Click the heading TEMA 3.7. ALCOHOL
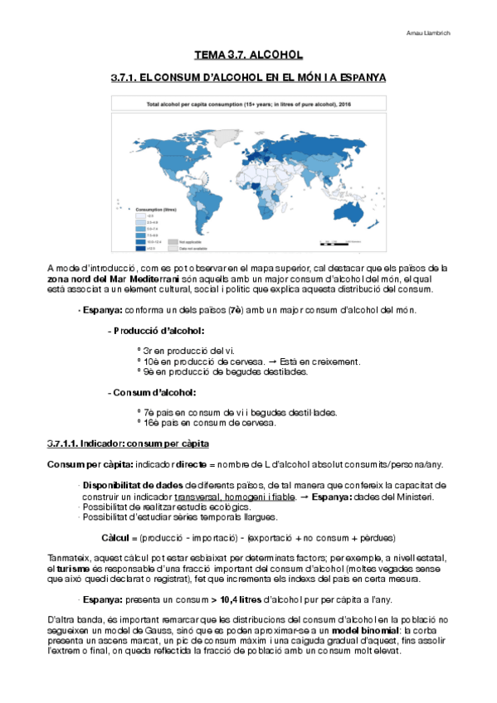(x=248, y=56)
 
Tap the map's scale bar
(x=339, y=244)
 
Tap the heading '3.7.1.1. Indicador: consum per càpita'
(x=128, y=444)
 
